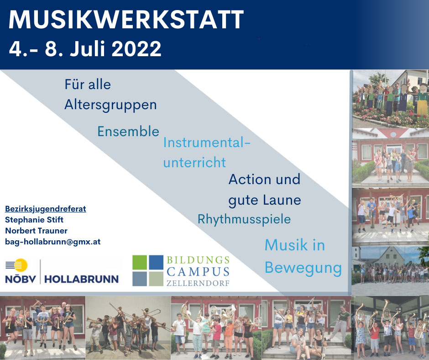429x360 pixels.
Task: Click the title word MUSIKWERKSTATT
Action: pos(126,21)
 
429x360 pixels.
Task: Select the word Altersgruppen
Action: pos(110,105)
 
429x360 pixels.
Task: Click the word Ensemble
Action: pos(128,132)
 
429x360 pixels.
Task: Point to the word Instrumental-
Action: pos(207,143)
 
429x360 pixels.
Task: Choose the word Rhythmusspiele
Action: pos(244,219)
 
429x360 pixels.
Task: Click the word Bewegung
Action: pos(303,268)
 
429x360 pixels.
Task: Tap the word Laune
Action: pos(283,200)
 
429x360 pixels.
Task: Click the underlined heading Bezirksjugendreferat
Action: pos(46,209)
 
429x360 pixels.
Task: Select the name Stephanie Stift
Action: pos(34,220)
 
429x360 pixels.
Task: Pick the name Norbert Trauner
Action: pos(36,231)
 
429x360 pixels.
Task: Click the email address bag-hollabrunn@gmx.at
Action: pos(52,242)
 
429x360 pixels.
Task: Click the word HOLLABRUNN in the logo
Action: pos(81,279)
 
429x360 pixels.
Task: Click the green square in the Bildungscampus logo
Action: pos(140,262)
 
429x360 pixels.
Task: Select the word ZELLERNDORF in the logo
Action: pos(198,283)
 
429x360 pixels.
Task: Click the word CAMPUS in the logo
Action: pos(198,272)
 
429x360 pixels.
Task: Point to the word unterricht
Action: pos(194,162)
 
